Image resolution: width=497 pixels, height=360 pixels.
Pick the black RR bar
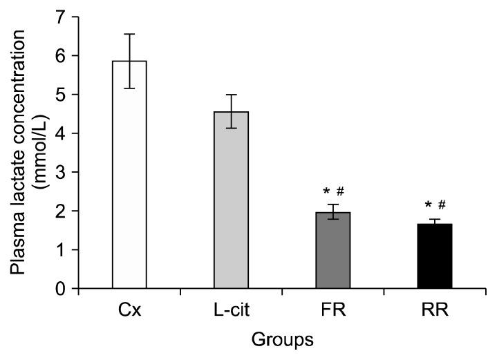(x=434, y=256)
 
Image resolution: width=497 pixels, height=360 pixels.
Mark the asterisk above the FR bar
(x=325, y=191)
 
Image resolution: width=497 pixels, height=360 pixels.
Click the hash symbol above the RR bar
(x=442, y=205)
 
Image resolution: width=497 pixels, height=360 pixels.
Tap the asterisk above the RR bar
(x=428, y=206)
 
